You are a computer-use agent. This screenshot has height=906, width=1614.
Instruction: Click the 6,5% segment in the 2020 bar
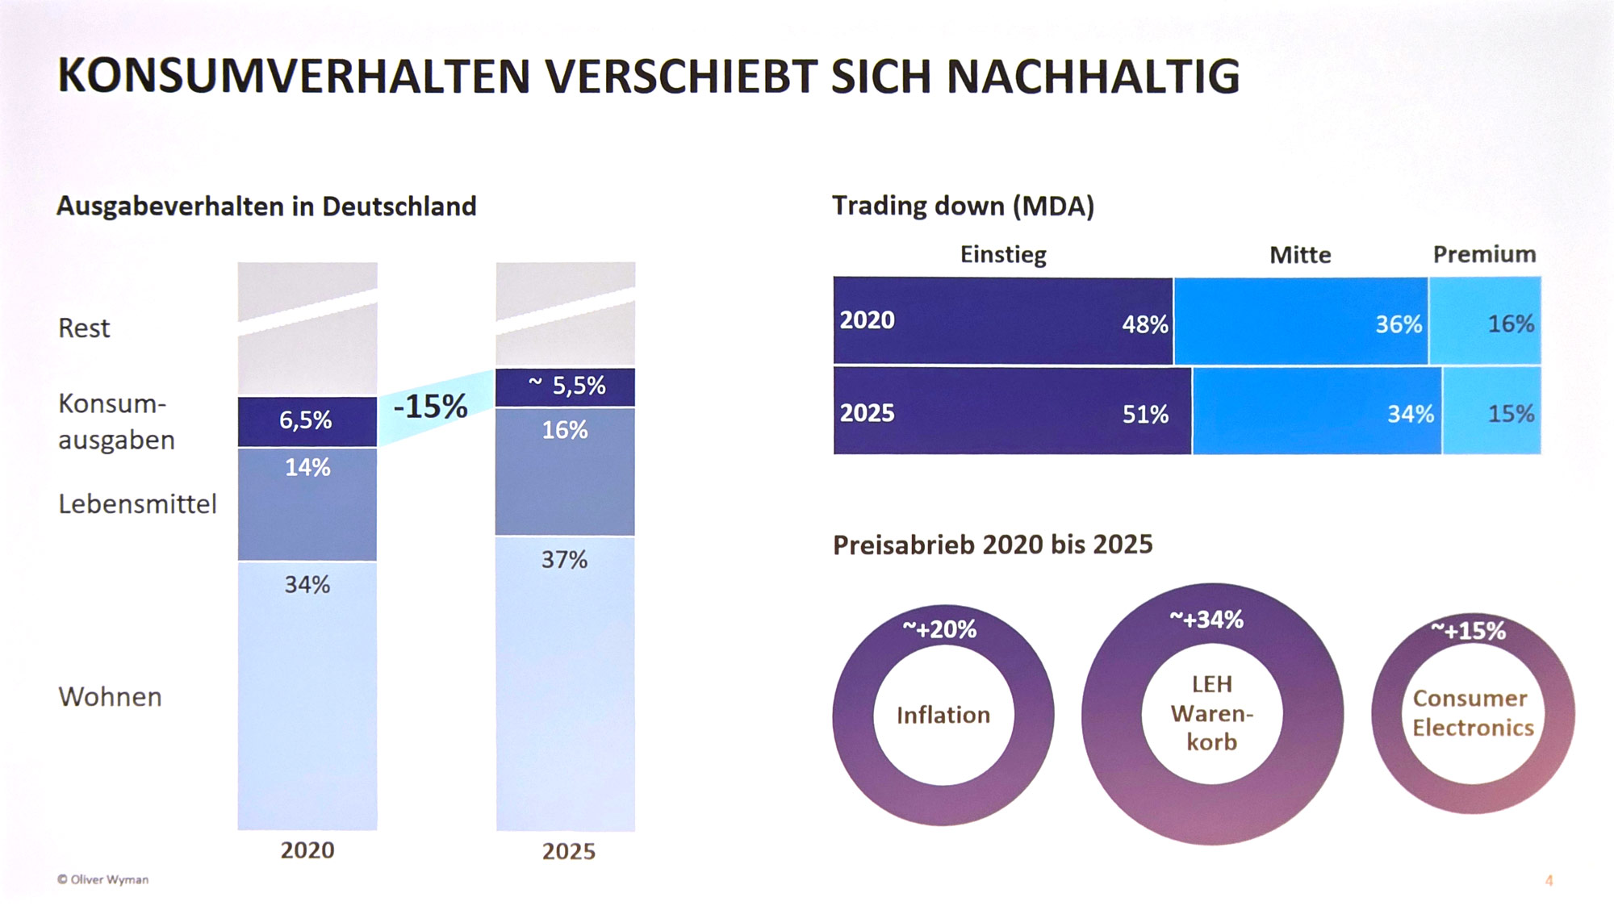click(306, 420)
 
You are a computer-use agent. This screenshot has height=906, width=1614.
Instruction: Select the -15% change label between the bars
click(430, 407)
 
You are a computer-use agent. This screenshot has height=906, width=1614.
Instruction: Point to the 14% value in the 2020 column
click(307, 467)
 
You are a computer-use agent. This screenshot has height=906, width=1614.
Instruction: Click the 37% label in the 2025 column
click(564, 560)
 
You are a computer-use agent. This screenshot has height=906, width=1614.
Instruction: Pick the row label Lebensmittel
click(137, 504)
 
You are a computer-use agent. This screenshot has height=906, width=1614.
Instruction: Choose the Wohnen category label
click(110, 697)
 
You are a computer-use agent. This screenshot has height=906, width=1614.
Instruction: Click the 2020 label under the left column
click(307, 850)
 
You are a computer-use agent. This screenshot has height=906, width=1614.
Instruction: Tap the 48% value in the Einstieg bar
click(1144, 324)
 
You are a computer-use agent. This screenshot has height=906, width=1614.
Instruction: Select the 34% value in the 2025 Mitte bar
click(1410, 415)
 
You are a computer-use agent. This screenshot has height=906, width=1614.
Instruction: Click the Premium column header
click(1484, 255)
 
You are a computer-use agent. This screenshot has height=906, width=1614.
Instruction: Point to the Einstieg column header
click(1003, 255)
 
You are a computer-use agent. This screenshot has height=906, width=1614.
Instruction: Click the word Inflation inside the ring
click(943, 715)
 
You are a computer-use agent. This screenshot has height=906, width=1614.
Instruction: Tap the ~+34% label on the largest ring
click(1206, 620)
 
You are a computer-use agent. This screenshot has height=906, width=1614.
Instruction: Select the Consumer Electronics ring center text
click(1472, 713)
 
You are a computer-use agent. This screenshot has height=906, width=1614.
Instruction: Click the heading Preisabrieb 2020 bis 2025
click(993, 545)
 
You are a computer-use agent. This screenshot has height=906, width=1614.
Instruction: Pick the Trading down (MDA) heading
click(963, 206)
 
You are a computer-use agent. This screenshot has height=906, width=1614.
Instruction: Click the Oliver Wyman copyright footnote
click(102, 879)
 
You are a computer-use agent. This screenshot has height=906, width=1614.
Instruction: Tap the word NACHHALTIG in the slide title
click(1093, 77)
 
